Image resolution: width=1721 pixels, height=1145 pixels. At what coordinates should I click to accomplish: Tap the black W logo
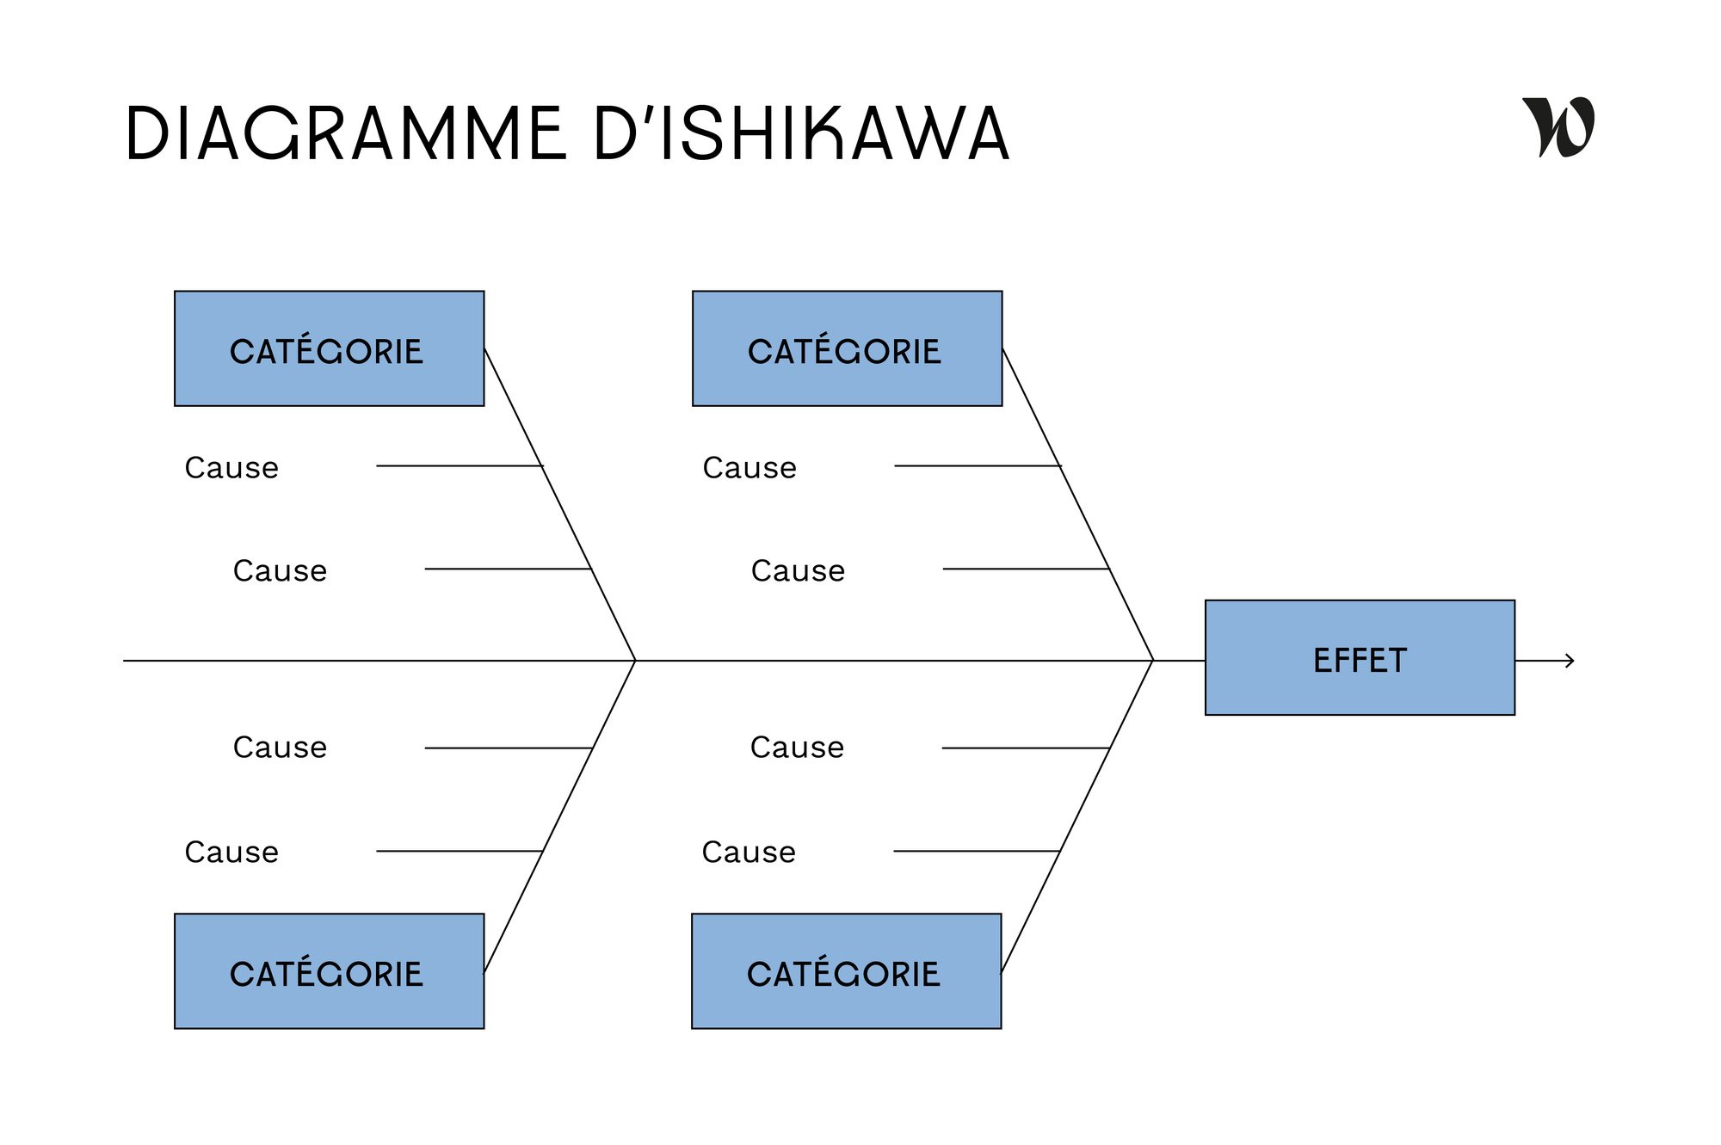1558,127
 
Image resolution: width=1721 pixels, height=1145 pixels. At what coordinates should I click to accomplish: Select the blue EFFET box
1360,658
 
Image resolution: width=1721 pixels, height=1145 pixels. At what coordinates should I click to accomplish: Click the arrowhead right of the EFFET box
1570,661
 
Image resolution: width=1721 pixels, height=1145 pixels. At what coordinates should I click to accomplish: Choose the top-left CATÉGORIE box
329,348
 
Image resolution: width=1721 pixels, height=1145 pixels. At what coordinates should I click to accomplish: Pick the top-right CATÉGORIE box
847,348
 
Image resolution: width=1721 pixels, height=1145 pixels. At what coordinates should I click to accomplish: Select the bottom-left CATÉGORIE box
329,971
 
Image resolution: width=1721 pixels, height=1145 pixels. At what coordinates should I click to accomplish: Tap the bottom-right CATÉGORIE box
846,971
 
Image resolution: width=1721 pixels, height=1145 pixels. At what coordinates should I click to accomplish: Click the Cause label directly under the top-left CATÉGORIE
231,468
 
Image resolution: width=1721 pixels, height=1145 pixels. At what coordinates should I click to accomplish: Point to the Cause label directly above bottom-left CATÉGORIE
231,853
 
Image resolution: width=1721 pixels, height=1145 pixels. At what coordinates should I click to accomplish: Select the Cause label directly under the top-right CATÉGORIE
749,468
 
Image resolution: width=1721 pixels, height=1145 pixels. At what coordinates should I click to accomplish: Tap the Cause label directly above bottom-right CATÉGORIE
749,853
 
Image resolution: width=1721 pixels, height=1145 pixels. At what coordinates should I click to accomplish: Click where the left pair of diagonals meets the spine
635,661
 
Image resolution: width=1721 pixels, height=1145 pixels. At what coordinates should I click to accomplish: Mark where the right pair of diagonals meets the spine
1152,661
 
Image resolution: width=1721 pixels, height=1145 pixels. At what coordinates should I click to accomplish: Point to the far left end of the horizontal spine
126,661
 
